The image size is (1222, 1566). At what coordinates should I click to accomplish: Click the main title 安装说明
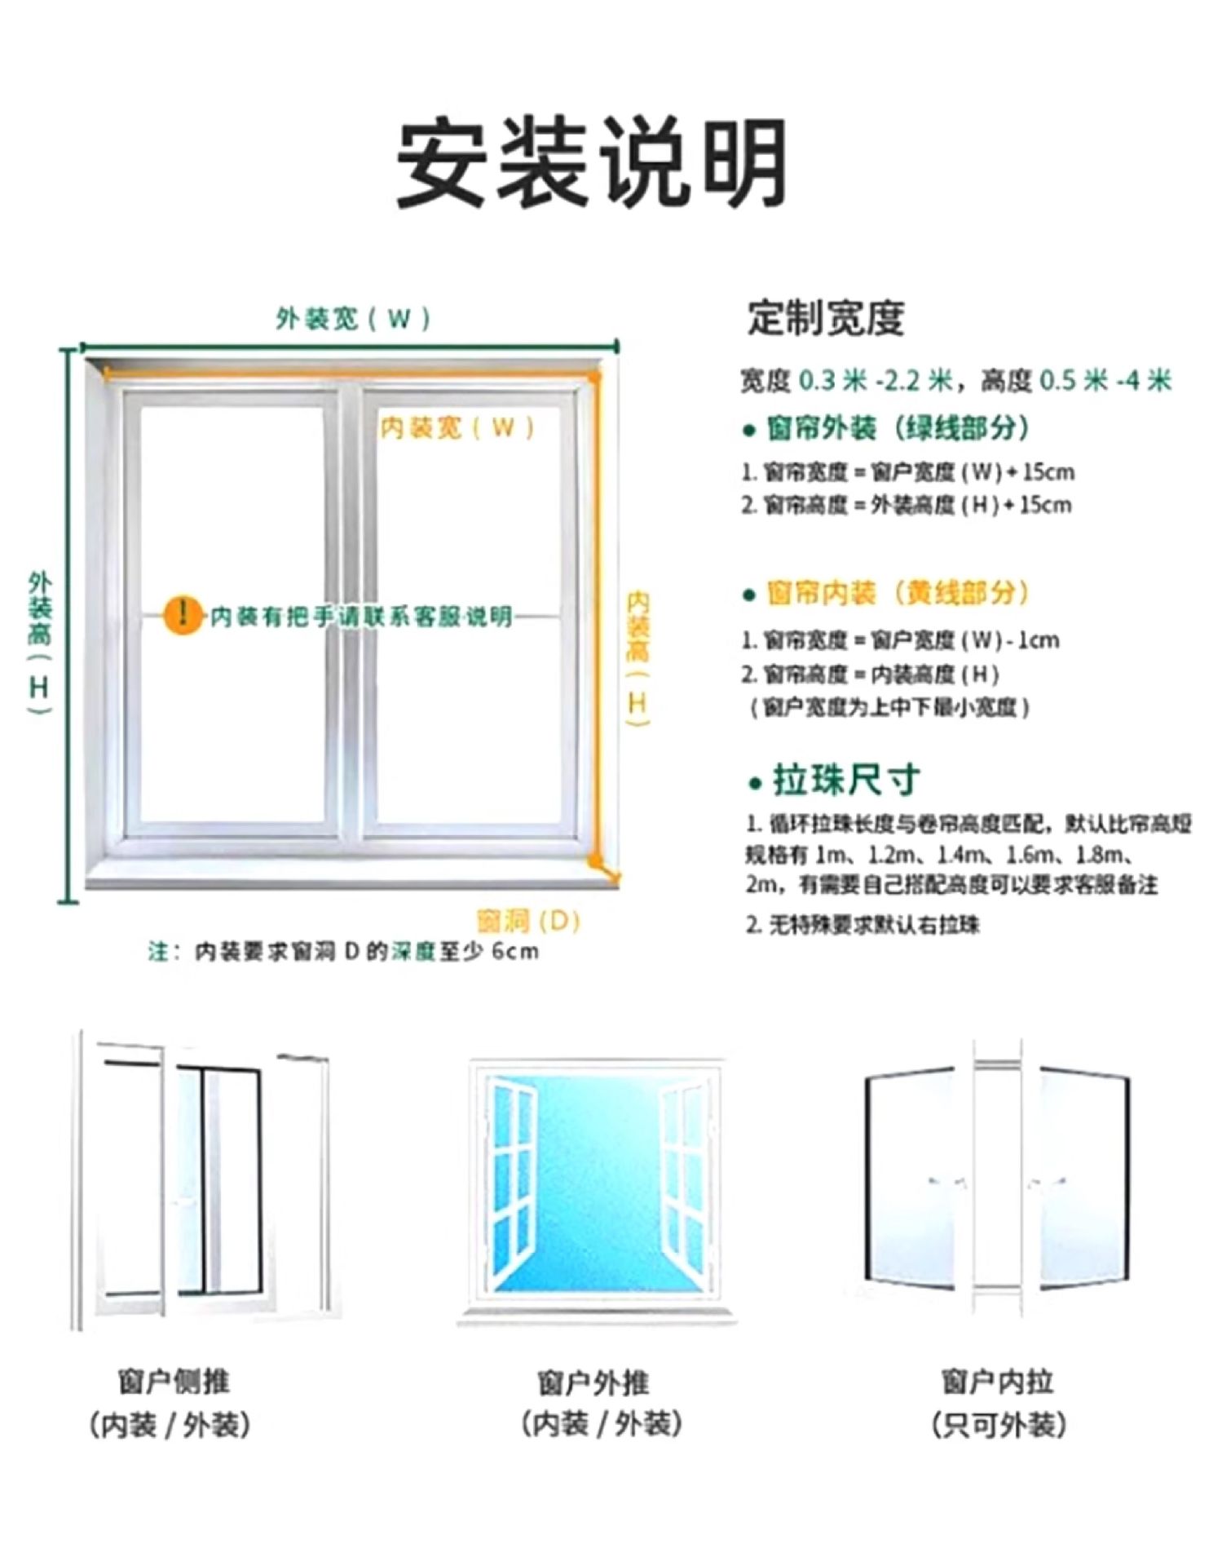(593, 162)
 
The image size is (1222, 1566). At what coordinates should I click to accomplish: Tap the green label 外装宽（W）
(352, 318)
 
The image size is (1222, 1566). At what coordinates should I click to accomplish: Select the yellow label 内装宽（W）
(457, 427)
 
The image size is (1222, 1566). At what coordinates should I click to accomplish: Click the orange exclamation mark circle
(183, 615)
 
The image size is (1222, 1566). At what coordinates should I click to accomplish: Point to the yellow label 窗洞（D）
(528, 921)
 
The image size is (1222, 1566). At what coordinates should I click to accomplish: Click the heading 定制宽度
(826, 318)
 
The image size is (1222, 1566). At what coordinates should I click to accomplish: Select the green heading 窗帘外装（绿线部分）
(897, 427)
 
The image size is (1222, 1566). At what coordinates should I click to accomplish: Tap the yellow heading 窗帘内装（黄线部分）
(897, 593)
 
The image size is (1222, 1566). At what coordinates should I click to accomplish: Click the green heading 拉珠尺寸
(845, 781)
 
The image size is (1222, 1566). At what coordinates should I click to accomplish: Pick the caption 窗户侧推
(174, 1382)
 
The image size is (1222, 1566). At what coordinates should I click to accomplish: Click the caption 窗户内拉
(997, 1382)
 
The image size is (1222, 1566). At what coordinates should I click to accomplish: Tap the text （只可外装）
(998, 1425)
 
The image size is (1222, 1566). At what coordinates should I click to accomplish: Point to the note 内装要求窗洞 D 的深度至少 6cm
(342, 951)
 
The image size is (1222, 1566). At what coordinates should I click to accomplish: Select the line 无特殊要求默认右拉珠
(864, 925)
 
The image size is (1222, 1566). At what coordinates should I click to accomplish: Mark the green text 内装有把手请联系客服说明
(361, 616)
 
